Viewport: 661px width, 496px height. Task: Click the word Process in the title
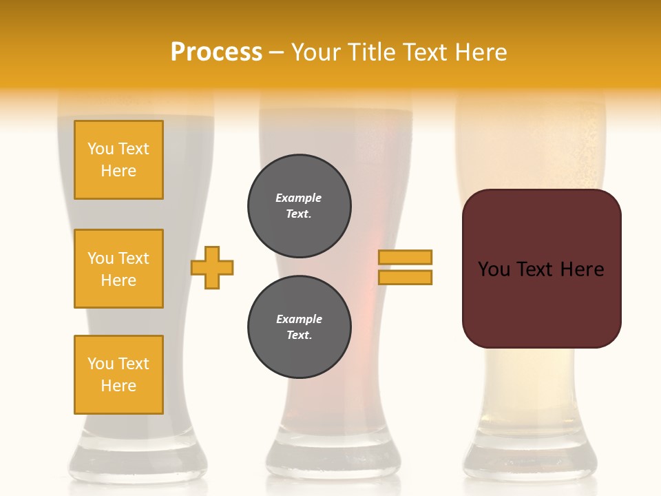click(216, 52)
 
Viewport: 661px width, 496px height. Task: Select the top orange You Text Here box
click(118, 160)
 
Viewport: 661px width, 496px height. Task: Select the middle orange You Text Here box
click(118, 269)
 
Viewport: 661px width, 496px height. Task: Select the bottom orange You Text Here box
click(118, 375)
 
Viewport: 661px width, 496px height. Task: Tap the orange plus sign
click(212, 267)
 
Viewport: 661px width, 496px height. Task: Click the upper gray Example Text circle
click(300, 206)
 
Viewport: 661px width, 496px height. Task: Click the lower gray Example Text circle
click(300, 327)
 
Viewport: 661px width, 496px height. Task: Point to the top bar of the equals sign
click(405, 257)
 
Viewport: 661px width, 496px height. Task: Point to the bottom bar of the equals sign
click(405, 277)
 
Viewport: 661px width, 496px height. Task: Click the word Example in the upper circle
click(298, 198)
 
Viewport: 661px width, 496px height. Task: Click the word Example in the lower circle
click(299, 319)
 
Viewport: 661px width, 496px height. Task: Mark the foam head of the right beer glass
click(530, 138)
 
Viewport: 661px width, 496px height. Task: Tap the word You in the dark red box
click(494, 269)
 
